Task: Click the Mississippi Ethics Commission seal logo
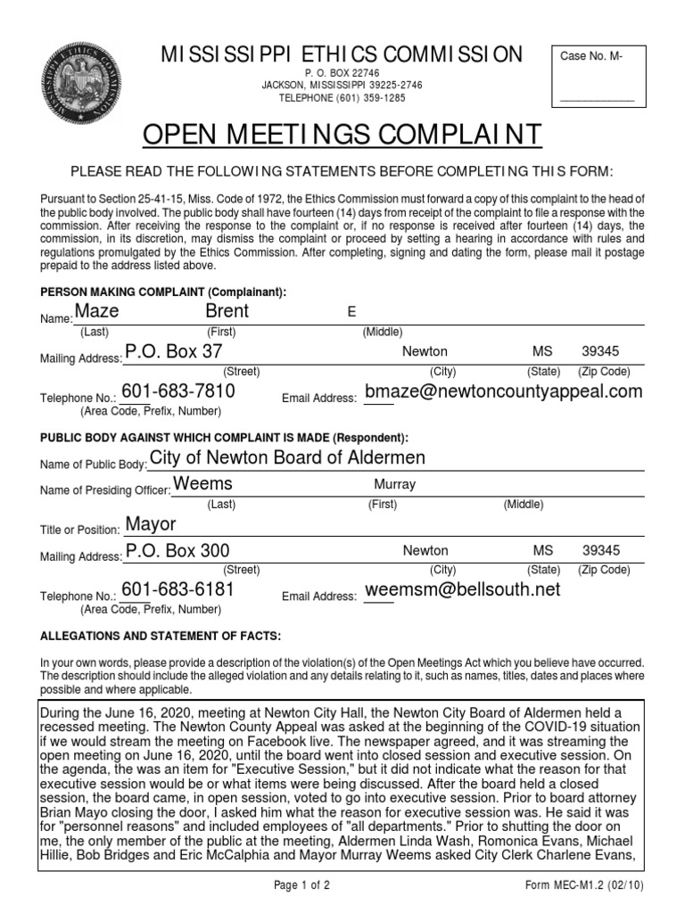click(86, 87)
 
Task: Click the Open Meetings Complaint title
click(342, 135)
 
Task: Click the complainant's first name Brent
click(227, 311)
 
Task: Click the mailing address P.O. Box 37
click(173, 352)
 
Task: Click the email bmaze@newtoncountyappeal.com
click(504, 391)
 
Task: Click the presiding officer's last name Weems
click(202, 483)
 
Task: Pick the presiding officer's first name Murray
click(395, 485)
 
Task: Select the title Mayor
click(151, 523)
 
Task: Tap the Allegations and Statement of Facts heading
click(161, 636)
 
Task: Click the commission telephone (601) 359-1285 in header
click(342, 97)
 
